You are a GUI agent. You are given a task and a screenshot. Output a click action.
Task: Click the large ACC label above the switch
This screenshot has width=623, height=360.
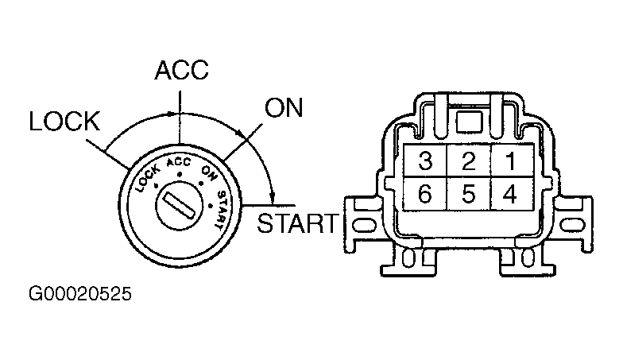(181, 70)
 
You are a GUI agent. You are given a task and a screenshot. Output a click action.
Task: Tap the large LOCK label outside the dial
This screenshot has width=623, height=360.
(65, 121)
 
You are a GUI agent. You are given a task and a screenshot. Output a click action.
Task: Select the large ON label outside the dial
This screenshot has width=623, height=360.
(284, 108)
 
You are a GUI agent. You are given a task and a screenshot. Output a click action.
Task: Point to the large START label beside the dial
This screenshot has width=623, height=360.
(297, 223)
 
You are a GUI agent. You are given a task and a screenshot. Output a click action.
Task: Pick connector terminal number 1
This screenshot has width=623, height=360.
(512, 161)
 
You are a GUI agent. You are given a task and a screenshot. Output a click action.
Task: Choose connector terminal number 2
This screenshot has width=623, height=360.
(469, 161)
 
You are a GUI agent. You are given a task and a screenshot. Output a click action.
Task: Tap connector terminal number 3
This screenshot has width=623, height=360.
(425, 161)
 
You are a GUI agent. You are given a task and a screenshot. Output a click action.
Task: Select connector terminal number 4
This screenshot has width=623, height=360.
(512, 194)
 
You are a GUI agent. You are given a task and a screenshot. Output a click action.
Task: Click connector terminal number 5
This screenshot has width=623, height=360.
(469, 194)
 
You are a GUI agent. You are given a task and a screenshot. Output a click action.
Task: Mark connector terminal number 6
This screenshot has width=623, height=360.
(425, 194)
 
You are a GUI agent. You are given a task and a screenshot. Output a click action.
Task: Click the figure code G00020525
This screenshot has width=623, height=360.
(79, 294)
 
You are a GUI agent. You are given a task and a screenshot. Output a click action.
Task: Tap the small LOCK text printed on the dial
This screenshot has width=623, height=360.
(148, 178)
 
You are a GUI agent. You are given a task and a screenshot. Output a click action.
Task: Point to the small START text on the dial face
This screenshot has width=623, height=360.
(221, 210)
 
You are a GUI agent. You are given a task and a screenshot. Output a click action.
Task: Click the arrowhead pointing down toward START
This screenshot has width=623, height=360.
(272, 195)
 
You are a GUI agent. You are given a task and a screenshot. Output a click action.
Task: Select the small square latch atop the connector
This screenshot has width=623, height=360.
(469, 122)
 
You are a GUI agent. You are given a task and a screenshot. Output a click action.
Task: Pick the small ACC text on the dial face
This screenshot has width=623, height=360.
(179, 162)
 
